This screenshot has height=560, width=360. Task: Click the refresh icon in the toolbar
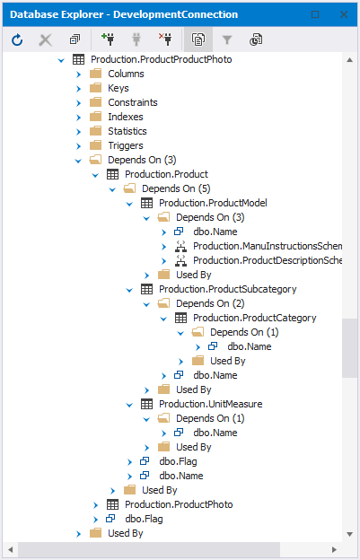click(x=17, y=39)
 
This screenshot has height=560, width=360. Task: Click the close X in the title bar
click(x=344, y=14)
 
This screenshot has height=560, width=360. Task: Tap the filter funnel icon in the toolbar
click(x=227, y=39)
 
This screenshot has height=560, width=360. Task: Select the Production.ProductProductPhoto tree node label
click(x=162, y=59)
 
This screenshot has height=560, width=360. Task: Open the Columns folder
click(x=126, y=74)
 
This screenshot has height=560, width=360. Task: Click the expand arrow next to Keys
click(x=79, y=89)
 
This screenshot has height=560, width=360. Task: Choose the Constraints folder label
click(x=133, y=102)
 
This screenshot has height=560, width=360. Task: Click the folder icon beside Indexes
click(x=96, y=117)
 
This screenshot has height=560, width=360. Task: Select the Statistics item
click(x=127, y=131)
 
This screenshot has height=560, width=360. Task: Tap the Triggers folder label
click(x=126, y=145)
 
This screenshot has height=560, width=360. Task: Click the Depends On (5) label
click(x=177, y=188)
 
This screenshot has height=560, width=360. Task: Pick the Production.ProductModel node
click(x=213, y=203)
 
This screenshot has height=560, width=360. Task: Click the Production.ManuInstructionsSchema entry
click(x=268, y=246)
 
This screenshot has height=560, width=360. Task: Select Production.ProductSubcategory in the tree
click(x=228, y=289)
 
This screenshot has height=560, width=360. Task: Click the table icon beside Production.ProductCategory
click(x=180, y=318)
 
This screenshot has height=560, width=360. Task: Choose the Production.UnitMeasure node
click(x=211, y=404)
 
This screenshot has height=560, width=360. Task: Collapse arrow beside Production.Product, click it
click(x=95, y=175)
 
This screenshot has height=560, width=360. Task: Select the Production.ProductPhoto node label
click(x=179, y=504)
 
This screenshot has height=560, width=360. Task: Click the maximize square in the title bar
click(x=315, y=14)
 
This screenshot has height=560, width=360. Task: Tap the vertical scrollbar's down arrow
click(x=349, y=534)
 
